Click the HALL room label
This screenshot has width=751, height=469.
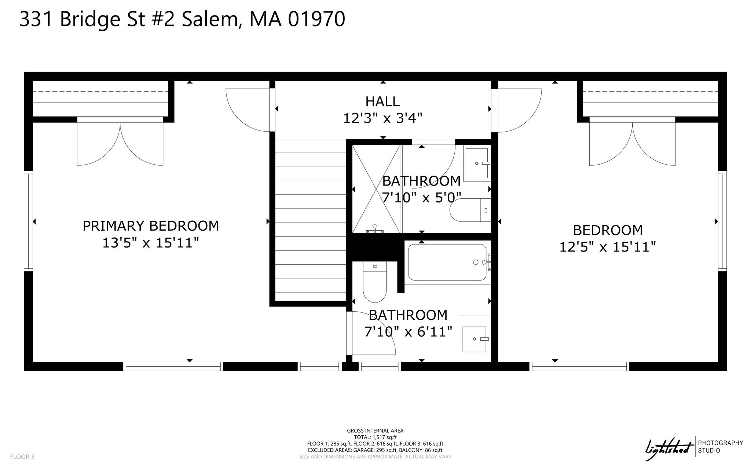coord(382,101)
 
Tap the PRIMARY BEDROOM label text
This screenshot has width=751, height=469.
coord(151,226)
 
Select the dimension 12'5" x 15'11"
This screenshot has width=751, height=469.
coord(607,247)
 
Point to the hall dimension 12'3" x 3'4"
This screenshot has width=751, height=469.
coord(382,118)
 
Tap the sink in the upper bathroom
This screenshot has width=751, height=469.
coord(477,163)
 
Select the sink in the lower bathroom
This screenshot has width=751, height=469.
coord(475,339)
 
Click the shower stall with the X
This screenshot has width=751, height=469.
coord(377,189)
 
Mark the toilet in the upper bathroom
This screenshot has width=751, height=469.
coord(470,210)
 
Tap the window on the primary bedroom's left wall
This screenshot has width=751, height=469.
coord(28,221)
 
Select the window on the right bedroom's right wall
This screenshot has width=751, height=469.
coord(722,221)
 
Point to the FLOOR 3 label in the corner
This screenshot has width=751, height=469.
coord(22,457)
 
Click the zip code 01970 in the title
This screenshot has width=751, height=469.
coord(316,19)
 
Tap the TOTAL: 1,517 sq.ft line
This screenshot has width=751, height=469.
coord(375,437)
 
